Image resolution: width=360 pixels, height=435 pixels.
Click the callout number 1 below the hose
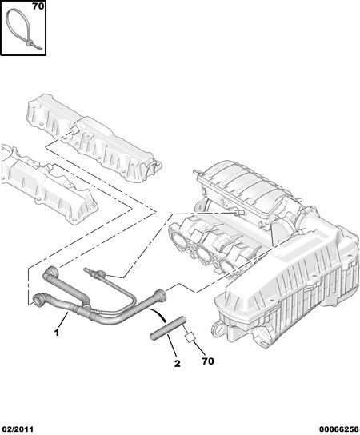click(57, 333)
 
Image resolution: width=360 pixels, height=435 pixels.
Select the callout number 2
click(178, 363)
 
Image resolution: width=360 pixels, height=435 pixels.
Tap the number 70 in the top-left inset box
click(38, 6)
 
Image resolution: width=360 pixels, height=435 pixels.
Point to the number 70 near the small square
click(208, 361)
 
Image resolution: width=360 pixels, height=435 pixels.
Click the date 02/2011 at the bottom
click(17, 429)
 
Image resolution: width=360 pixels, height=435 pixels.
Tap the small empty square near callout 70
click(190, 337)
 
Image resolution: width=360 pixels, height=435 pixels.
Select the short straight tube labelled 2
click(167, 328)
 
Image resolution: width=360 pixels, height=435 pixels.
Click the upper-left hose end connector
click(50, 273)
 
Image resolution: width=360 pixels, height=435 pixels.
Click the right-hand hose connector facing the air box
click(161, 294)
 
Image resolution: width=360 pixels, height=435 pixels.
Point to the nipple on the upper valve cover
click(74, 130)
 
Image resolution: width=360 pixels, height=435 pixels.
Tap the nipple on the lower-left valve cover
click(50, 167)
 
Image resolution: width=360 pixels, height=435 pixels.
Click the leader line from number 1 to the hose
click(63, 321)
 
